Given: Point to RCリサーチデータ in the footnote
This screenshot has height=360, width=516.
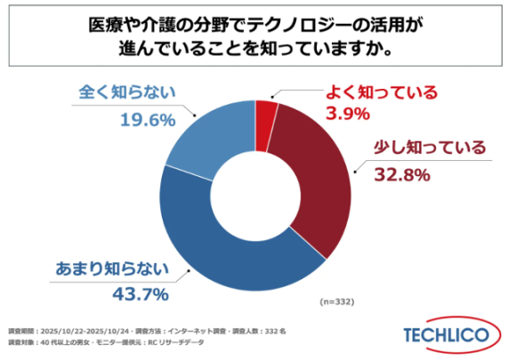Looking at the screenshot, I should tap(201, 341).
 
